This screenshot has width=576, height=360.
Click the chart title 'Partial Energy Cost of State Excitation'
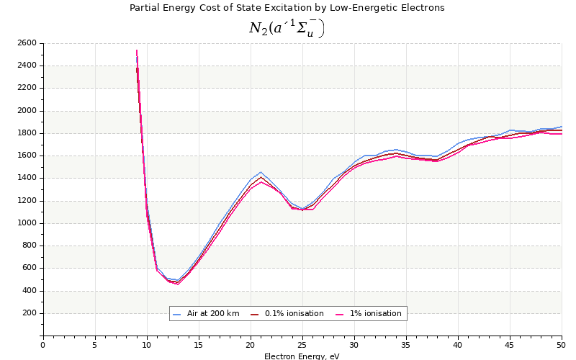[287, 8]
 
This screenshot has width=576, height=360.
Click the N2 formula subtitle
[287, 28]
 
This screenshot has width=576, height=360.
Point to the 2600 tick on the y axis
[27, 43]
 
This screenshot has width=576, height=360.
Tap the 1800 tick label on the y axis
[27, 133]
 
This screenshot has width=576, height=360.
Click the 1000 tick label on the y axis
[27, 223]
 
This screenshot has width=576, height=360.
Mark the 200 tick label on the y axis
[29, 313]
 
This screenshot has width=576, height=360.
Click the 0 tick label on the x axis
[42, 345]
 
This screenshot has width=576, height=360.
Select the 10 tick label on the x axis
[147, 345]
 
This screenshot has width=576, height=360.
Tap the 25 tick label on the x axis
[302, 345]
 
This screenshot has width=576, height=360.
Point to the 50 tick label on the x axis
[562, 345]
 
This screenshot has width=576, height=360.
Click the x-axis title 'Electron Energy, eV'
[302, 356]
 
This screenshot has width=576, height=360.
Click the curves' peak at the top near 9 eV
[136, 50]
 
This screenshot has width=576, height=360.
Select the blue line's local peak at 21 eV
[261, 172]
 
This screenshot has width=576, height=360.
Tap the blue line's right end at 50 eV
[562, 127]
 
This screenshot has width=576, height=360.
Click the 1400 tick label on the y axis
[27, 178]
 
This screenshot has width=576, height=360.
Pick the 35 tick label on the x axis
[406, 345]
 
